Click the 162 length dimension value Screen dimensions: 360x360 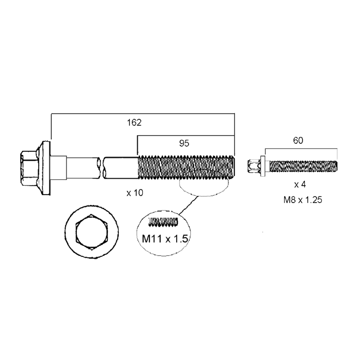coord(134,123)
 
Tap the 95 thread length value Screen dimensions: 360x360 coord(184,143)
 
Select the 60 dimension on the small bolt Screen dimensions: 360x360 coord(298,140)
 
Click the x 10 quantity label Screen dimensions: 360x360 coord(135,193)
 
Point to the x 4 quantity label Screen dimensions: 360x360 coord(300,184)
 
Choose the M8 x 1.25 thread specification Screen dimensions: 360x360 coord(303,200)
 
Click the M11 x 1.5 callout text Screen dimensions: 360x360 coord(165,239)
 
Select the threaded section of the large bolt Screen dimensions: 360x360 coord(186,167)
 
